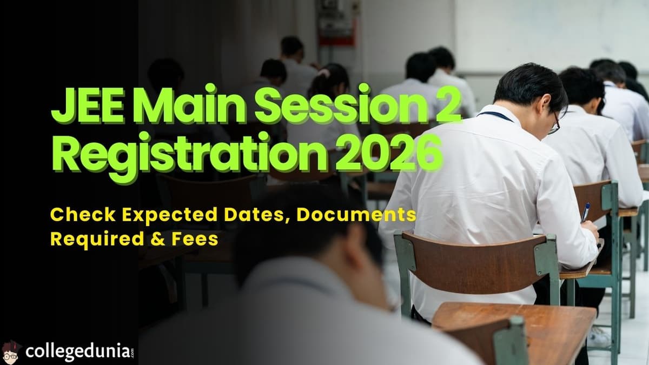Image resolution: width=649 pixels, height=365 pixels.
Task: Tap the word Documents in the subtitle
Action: point(356,215)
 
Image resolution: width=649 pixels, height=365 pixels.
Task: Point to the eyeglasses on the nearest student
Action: point(553,126)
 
